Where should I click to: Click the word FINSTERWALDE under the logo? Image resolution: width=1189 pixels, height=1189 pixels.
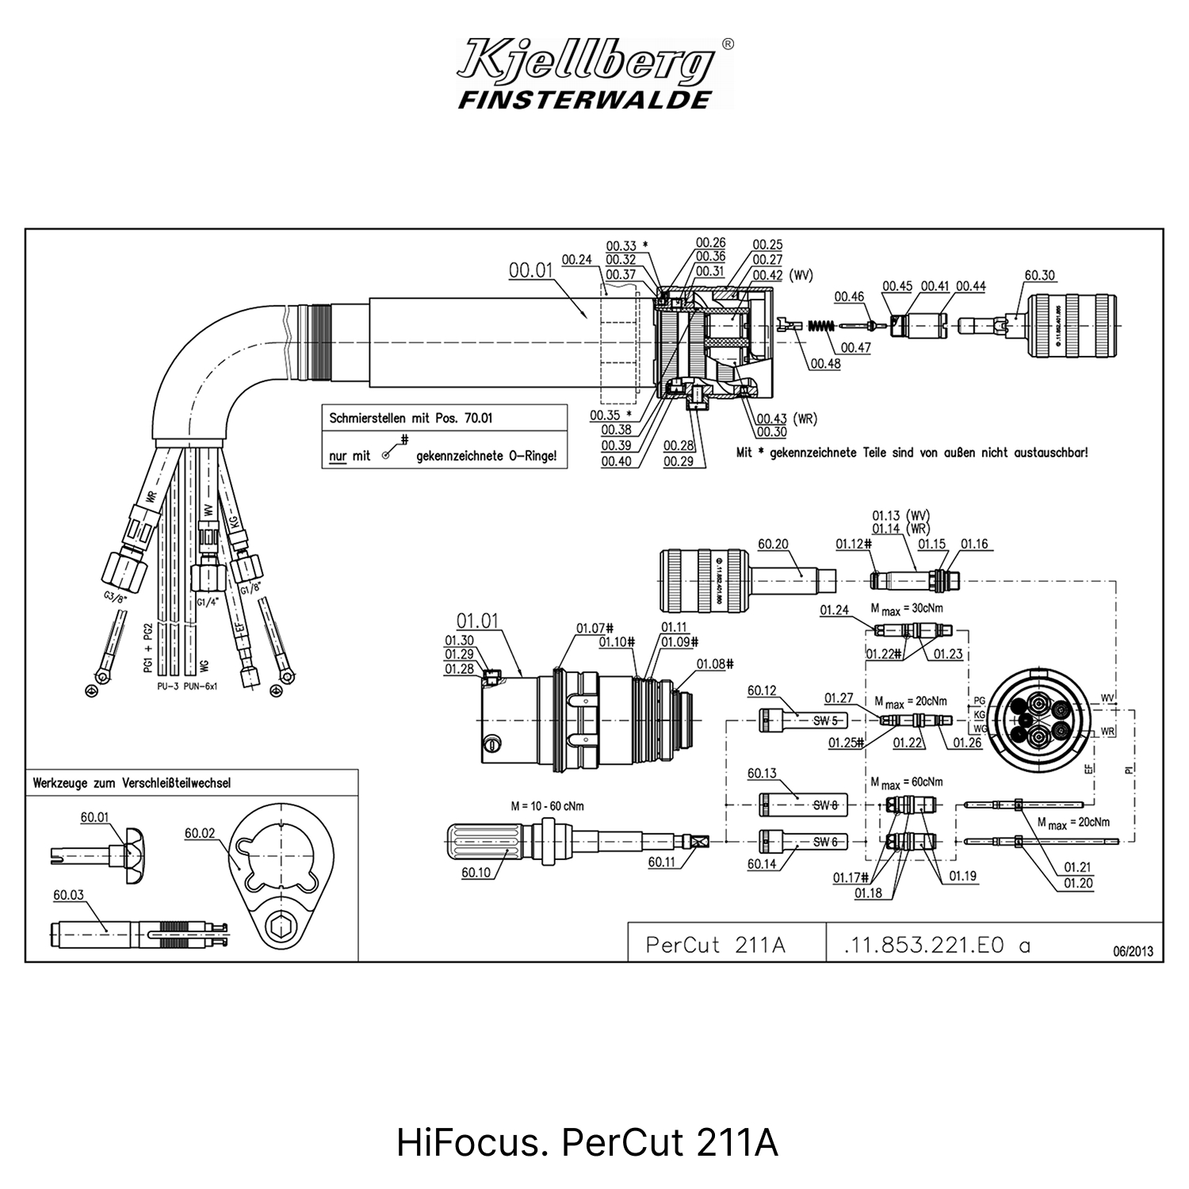tap(584, 100)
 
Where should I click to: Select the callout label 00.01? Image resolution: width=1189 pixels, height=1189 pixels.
tap(530, 270)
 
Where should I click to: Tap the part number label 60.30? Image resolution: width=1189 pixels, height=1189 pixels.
tap(1040, 275)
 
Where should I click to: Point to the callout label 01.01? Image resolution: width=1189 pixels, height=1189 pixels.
tap(477, 621)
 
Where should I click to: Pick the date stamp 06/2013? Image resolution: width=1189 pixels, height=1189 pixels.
tap(1134, 951)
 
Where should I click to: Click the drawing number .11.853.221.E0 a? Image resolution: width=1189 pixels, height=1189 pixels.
tap(937, 945)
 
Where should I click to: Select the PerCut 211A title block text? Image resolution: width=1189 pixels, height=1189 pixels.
tap(715, 945)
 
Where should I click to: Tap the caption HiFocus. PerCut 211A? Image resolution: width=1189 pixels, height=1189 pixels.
tap(587, 1144)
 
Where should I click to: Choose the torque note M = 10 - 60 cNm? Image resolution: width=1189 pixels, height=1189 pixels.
tap(548, 806)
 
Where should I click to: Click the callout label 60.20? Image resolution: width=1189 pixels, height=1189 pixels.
tap(773, 544)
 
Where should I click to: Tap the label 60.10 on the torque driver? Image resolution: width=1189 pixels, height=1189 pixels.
tap(476, 873)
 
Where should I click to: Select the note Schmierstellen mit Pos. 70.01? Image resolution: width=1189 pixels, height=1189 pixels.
tap(411, 418)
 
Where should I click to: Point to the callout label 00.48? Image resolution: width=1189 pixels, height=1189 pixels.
tap(825, 364)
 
